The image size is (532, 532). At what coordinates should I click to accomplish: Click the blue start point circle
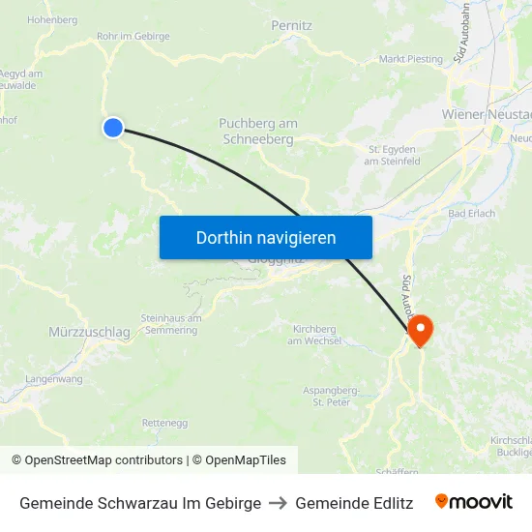(113, 127)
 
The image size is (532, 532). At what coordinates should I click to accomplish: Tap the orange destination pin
(421, 332)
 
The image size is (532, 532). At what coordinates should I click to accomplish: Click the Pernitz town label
(291, 25)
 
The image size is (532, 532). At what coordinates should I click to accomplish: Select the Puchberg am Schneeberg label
(257, 132)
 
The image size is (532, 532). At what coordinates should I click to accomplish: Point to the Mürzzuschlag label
(89, 333)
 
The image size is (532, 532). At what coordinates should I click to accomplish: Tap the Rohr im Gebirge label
(133, 37)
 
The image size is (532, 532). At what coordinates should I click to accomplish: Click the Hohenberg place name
(52, 19)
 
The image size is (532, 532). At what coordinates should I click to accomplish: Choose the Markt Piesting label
(411, 59)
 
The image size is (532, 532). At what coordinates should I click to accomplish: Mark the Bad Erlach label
(472, 214)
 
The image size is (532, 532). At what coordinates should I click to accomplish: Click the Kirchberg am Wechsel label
(311, 335)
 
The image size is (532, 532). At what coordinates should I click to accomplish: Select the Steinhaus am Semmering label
(170, 324)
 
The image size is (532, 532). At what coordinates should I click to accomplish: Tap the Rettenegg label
(164, 424)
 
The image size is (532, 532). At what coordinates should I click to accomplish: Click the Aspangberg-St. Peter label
(332, 395)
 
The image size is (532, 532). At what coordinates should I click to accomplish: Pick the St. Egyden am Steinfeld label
(392, 155)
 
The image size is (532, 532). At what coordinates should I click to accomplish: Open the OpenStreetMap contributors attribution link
(103, 460)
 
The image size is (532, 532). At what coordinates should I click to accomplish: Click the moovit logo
(473, 502)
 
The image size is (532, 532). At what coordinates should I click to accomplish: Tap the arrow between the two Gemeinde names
(279, 503)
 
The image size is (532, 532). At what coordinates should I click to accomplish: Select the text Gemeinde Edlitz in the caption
(354, 503)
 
